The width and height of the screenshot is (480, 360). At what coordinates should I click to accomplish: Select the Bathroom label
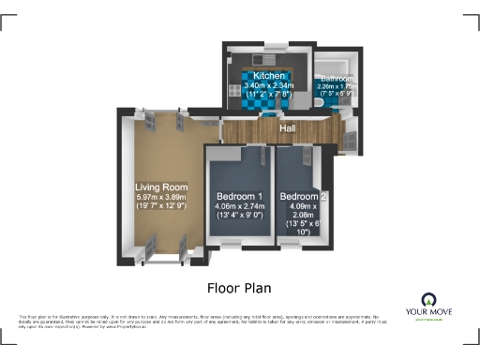click(x=337, y=79)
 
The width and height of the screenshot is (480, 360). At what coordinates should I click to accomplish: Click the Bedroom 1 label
click(x=239, y=194)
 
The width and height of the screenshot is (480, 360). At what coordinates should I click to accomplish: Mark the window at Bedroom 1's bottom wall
click(x=231, y=245)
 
